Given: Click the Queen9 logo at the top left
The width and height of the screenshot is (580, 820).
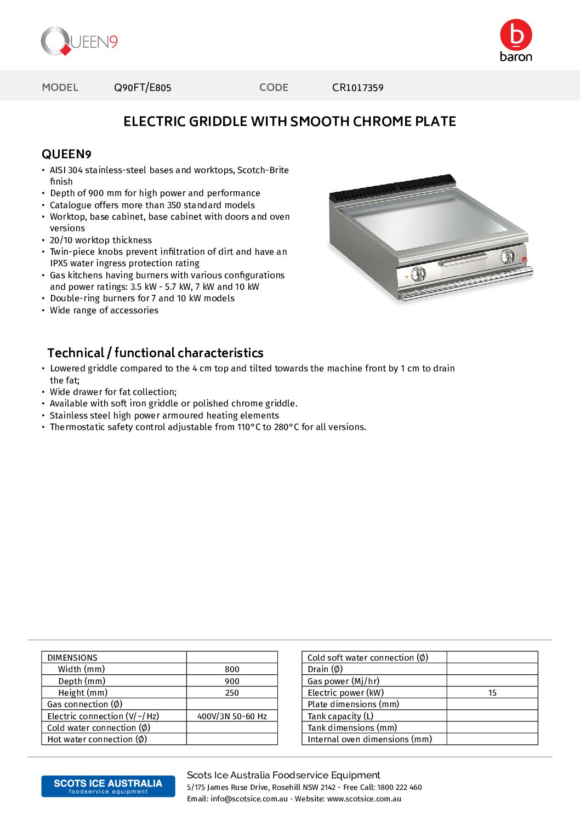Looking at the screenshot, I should click(x=79, y=42).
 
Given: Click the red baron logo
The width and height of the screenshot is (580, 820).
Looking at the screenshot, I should click(x=516, y=41).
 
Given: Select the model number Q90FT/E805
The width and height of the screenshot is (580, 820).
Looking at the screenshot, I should click(x=143, y=88).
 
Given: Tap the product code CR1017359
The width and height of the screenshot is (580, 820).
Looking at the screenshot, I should click(x=357, y=88).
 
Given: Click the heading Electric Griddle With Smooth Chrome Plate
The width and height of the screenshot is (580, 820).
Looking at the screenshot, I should click(x=289, y=122).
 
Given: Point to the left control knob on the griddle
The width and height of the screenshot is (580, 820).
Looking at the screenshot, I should click(x=418, y=273).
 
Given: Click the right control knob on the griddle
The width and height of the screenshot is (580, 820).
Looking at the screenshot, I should click(x=508, y=255).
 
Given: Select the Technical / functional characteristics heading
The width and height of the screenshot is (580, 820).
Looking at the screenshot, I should click(x=155, y=353).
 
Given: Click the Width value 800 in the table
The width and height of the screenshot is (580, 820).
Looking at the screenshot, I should click(x=232, y=669).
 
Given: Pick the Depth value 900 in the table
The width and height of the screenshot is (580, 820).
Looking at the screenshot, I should click(x=232, y=681).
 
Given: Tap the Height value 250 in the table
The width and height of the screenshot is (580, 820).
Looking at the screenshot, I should click(x=232, y=693).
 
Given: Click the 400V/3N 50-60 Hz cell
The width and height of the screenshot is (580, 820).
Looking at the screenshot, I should click(x=232, y=716).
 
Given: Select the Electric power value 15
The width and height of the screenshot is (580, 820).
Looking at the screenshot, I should click(x=492, y=693).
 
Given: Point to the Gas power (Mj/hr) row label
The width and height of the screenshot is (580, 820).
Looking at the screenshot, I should click(x=343, y=681).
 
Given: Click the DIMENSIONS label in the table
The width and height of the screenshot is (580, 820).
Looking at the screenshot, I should click(x=72, y=657).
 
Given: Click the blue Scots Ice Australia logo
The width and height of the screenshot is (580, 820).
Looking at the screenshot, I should click(x=108, y=786).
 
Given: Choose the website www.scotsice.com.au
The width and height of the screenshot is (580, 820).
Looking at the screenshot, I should click(x=364, y=799).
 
